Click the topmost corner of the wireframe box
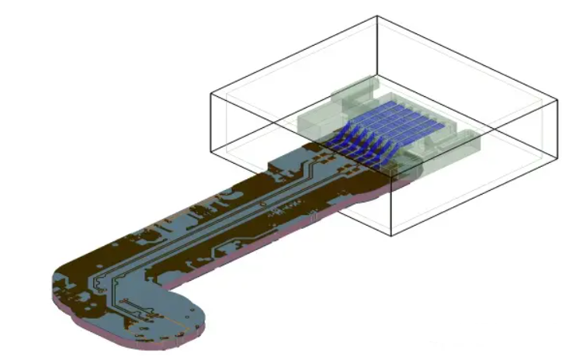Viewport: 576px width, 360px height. pyautogui.click(x=377, y=16)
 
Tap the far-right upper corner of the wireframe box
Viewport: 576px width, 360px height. pyautogui.click(x=557, y=100)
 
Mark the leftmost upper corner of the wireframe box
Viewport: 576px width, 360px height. pyautogui.click(x=212, y=91)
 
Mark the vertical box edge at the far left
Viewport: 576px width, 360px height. pyautogui.click(x=212, y=120)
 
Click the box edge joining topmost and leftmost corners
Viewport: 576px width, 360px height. pyautogui.click(x=295, y=53)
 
